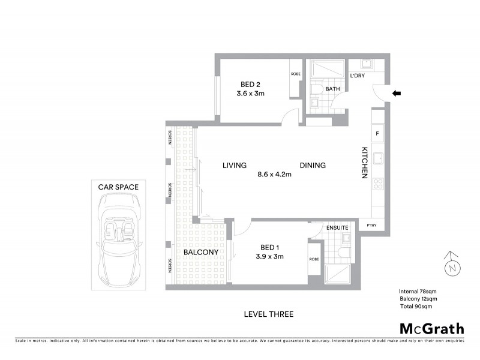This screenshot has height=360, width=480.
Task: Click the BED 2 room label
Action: [x=251, y=84]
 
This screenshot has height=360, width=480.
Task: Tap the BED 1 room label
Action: [x=269, y=247]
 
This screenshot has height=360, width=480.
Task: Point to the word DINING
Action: [x=313, y=166]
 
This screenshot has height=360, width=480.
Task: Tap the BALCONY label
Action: [x=201, y=253]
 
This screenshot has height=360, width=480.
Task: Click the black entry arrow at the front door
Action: [x=397, y=93]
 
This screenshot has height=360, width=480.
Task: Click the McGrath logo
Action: [x=431, y=328]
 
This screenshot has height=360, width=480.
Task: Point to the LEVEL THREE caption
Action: [x=269, y=314]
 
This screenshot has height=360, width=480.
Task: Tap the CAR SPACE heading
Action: [x=118, y=187]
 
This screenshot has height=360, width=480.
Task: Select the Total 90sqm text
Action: [x=416, y=306]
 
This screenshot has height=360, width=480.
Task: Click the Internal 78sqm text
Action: [x=416, y=290]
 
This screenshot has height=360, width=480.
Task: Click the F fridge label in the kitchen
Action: [x=377, y=133]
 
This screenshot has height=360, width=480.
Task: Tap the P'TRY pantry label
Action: [x=371, y=225]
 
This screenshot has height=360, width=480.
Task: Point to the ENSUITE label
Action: [x=338, y=228]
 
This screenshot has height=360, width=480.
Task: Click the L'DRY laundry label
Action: [x=358, y=76]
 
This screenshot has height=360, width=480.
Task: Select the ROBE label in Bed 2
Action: [x=296, y=74]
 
